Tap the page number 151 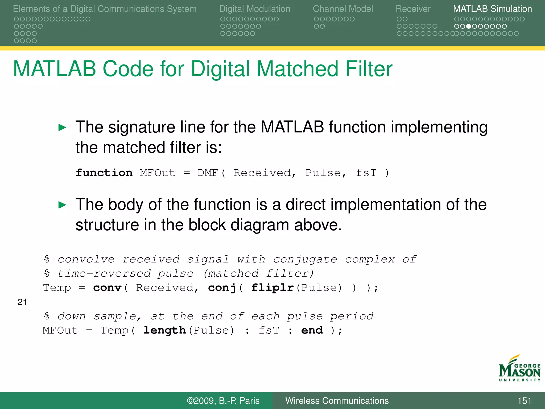[524, 401]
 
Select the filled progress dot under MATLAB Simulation [469, 26]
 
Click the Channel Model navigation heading [343, 9]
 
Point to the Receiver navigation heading [413, 9]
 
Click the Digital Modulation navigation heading [255, 9]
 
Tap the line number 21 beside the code [22, 302]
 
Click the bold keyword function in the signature [104, 173]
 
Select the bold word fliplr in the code [272, 288]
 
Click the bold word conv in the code [107, 288]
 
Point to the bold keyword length [164, 330]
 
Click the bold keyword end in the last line [312, 330]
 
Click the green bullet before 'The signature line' [62, 128]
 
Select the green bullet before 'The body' [62, 205]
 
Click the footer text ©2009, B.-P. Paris [223, 401]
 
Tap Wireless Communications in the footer [337, 401]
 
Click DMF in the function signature [208, 173]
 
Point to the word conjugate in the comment [305, 259]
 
